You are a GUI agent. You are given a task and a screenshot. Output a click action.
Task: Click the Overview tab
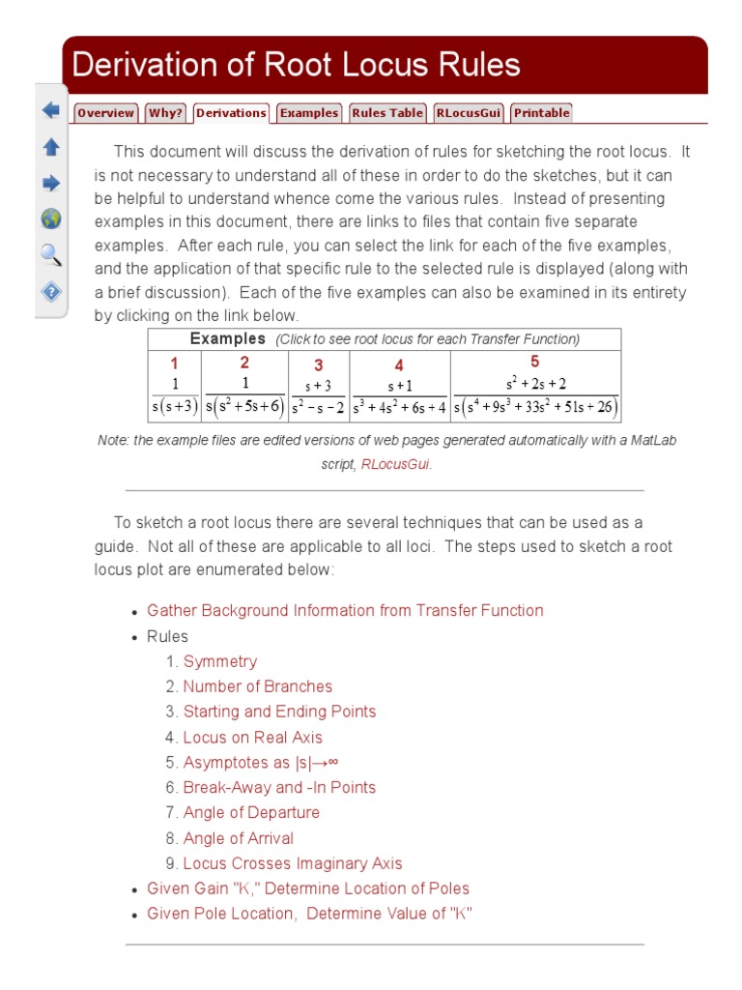click(x=105, y=113)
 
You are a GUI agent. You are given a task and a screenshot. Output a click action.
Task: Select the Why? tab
click(x=165, y=113)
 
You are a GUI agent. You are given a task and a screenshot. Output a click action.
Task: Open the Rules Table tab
click(x=386, y=113)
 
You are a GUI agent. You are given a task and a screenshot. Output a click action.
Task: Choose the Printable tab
click(x=541, y=113)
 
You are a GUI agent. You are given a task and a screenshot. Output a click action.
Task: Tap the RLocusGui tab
click(x=468, y=113)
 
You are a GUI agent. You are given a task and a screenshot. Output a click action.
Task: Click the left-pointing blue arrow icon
click(x=51, y=110)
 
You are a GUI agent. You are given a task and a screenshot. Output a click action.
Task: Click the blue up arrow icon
click(x=51, y=147)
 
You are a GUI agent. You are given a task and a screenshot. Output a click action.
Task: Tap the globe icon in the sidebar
click(x=51, y=218)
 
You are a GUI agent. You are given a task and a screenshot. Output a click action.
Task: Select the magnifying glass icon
click(x=51, y=255)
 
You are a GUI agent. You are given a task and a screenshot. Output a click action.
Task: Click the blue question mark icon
click(x=51, y=291)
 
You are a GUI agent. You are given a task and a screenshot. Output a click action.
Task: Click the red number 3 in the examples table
click(x=318, y=365)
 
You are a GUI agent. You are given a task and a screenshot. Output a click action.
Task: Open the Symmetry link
click(x=220, y=661)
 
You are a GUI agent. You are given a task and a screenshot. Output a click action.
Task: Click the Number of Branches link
click(x=258, y=686)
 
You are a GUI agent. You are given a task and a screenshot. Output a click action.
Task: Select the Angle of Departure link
click(x=251, y=812)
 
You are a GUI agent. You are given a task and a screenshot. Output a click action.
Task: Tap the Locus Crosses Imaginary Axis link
click(x=293, y=863)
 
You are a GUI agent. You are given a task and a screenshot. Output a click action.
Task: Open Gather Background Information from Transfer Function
click(x=345, y=610)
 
